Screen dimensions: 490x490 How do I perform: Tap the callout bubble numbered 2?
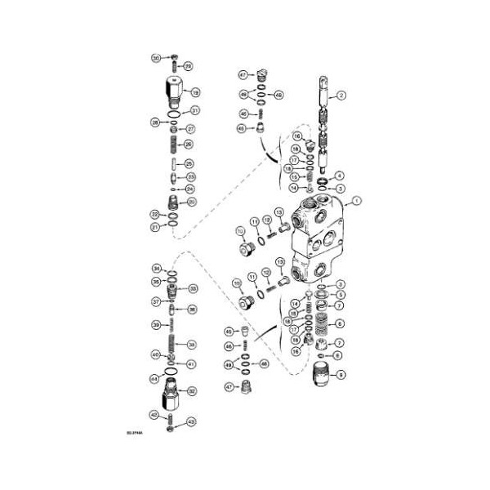(x=342, y=96)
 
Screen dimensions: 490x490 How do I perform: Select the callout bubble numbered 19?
(x=195, y=92)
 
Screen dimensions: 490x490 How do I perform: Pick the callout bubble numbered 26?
(x=189, y=145)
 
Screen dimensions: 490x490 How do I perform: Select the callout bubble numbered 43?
(x=192, y=421)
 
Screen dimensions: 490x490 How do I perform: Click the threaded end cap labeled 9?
(x=322, y=377)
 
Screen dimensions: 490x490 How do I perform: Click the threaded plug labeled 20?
(x=171, y=202)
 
